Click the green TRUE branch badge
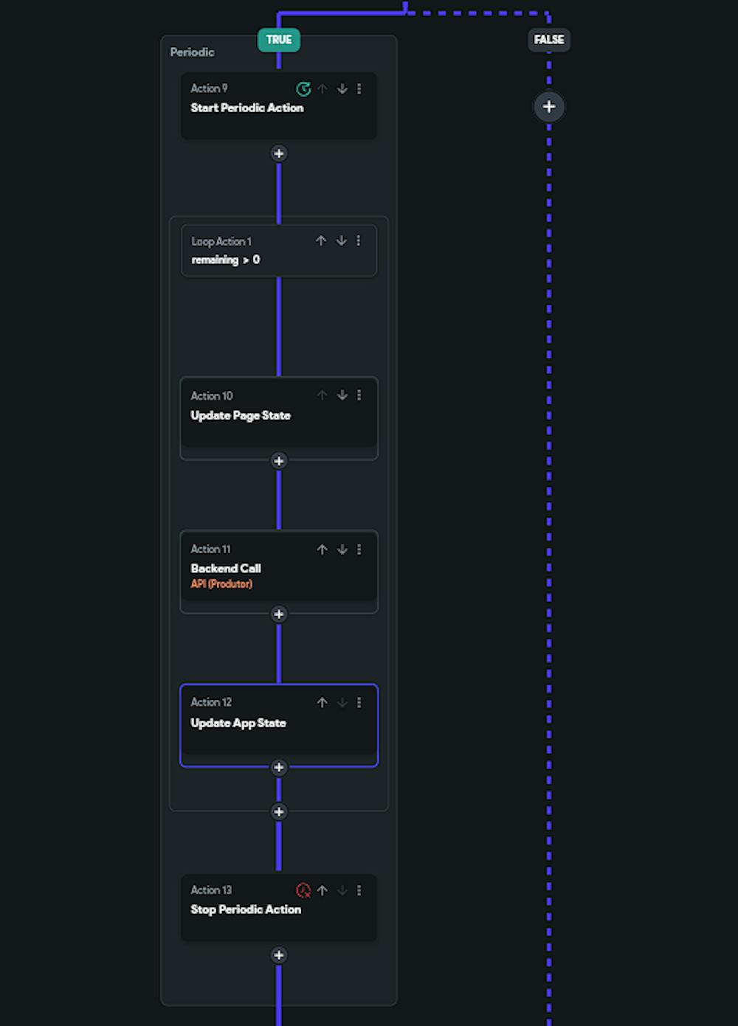[x=279, y=40]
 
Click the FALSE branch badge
[x=548, y=40]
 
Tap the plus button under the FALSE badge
[x=548, y=107]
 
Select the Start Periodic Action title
[x=246, y=108]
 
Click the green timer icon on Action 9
[x=303, y=89]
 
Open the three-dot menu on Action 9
[x=359, y=89]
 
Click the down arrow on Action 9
[x=342, y=89]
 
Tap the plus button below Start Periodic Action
[x=279, y=153]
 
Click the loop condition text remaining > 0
[x=226, y=260]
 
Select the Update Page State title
[x=241, y=415]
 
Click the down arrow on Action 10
[x=342, y=395]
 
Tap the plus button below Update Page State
[x=279, y=461]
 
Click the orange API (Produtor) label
[x=221, y=583]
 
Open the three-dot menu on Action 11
[x=359, y=550]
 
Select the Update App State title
[x=238, y=723]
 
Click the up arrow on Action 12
[x=323, y=702]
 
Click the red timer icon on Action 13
[x=303, y=890]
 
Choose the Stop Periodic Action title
[x=246, y=909]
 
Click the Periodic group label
[x=192, y=52]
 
